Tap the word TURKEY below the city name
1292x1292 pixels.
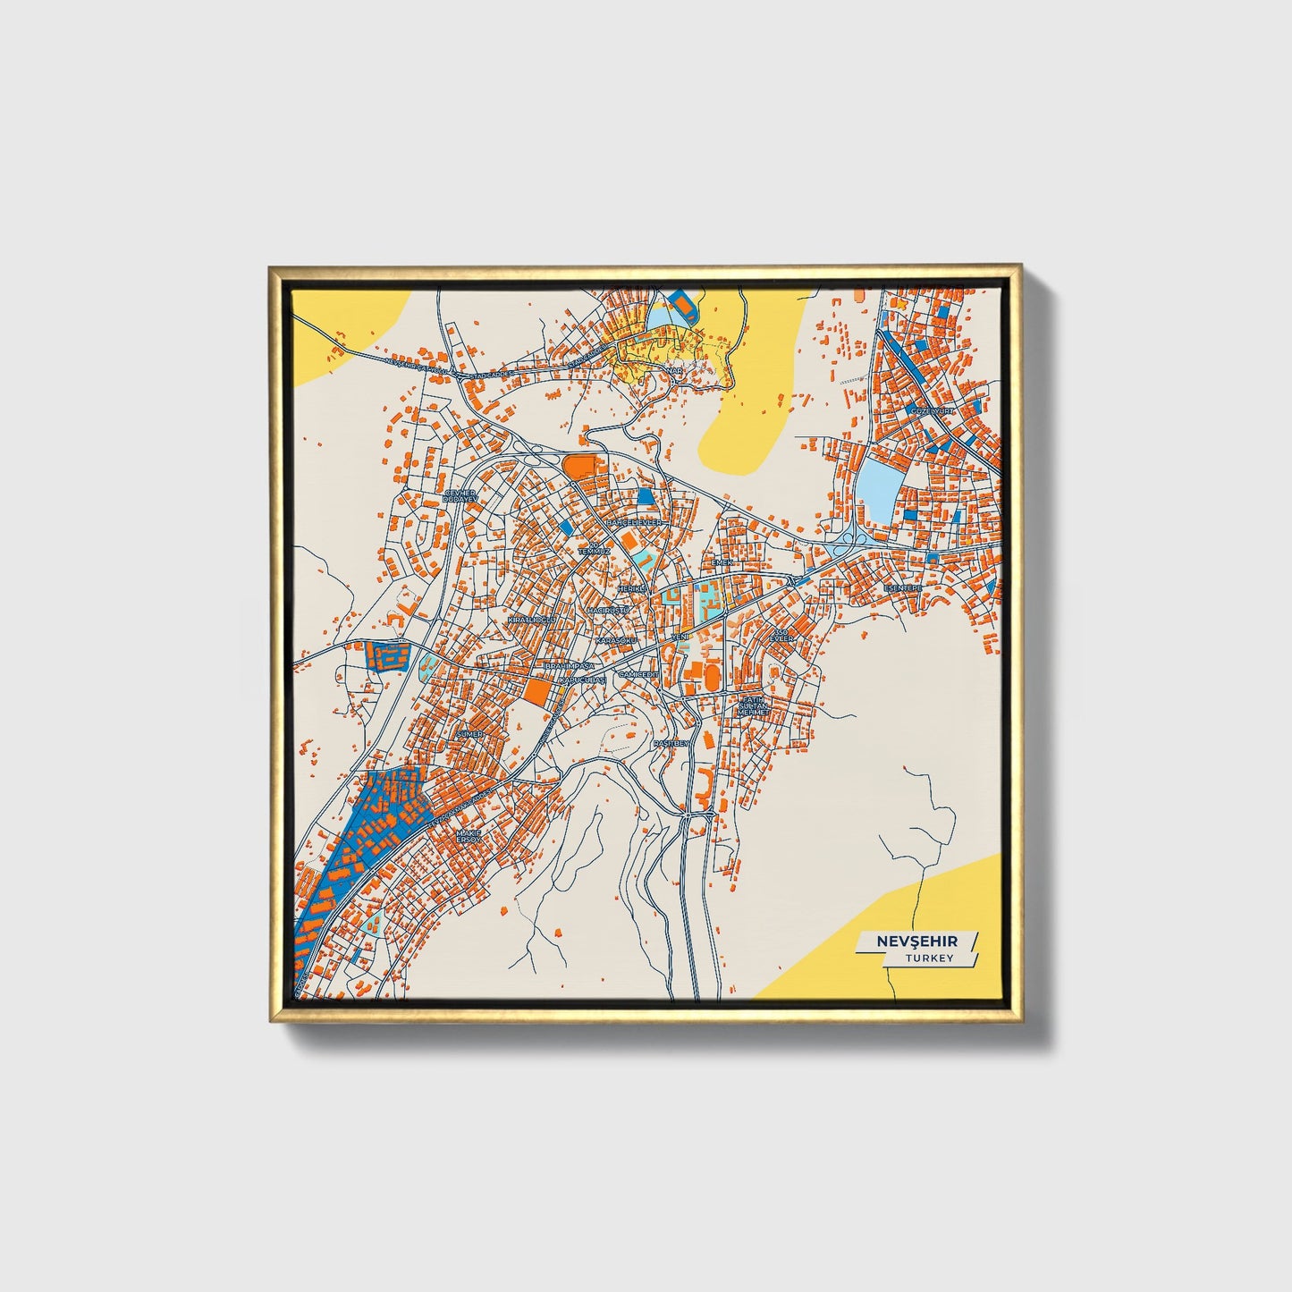tap(929, 958)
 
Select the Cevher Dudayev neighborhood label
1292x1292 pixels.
tap(460, 494)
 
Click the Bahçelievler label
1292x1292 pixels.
tap(633, 521)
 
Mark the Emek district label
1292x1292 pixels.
tap(722, 562)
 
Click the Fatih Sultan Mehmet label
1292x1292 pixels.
tap(753, 705)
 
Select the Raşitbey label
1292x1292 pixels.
tap(671, 743)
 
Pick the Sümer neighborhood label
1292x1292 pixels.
tap(469, 733)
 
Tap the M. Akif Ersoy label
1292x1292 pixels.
tap(469, 837)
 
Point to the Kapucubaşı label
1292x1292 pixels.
tap(582, 680)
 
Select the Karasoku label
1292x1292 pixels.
tap(616, 641)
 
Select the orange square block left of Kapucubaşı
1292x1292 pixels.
tap(537, 691)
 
